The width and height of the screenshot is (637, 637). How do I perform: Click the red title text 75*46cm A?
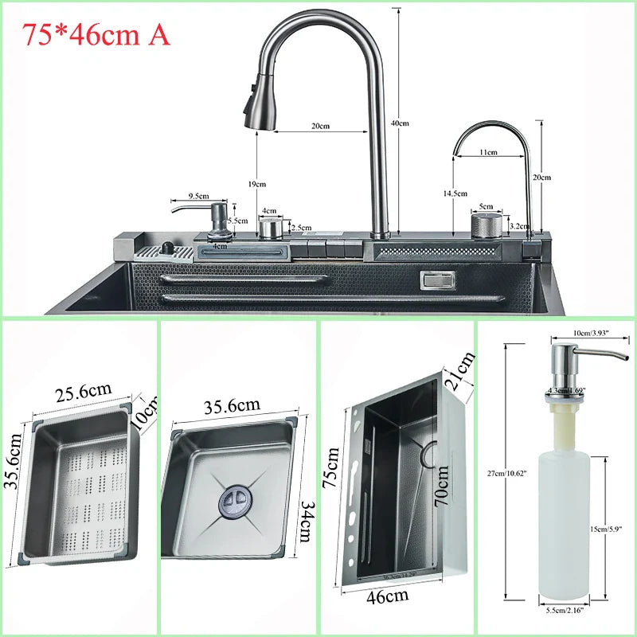point(96,34)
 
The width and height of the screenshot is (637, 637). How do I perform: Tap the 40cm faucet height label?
point(400,123)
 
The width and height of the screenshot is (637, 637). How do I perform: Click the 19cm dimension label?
point(256,184)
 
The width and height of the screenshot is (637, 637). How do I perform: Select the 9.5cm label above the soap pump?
point(197,196)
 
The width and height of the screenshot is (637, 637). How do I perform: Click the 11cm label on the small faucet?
point(488,152)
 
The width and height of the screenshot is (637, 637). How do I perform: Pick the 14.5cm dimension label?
point(455,193)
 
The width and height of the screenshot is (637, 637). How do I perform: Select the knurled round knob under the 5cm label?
point(487,225)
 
